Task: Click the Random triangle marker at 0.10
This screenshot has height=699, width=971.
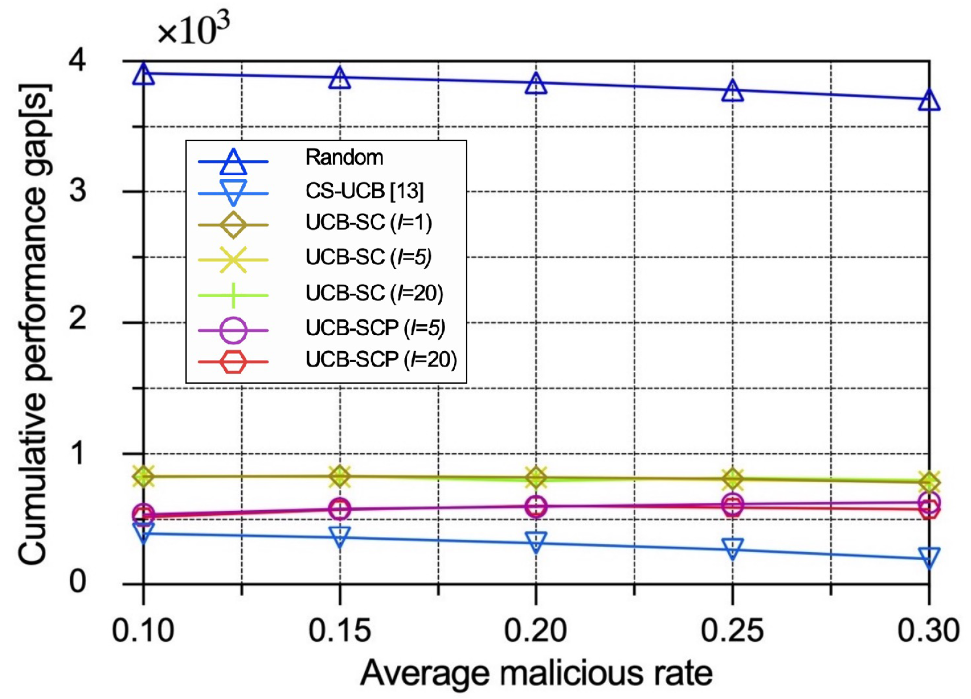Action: point(143,75)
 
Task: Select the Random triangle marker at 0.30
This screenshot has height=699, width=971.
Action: point(929,101)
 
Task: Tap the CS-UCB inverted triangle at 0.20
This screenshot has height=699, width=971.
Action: point(535,541)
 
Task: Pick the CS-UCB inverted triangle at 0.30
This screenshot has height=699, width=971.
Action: point(929,557)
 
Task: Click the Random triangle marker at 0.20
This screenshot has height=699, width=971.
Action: point(535,84)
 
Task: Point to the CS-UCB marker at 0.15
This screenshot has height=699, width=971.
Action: point(339,535)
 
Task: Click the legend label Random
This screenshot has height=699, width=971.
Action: point(344,157)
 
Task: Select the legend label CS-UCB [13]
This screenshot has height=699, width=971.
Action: point(364,191)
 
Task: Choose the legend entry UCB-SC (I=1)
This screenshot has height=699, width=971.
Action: point(368,223)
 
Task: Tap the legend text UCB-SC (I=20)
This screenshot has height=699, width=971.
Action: point(374,293)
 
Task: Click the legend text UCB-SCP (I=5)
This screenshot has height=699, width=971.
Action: point(375,328)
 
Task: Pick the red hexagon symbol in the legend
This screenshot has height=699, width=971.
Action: point(233,362)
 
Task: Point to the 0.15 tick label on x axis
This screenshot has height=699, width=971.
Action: point(339,630)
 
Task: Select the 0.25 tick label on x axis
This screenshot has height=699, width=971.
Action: point(732,630)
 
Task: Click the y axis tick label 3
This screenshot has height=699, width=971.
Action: point(77,191)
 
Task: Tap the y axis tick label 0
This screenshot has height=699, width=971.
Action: point(77,582)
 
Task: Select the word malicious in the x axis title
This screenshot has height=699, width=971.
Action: point(571,674)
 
